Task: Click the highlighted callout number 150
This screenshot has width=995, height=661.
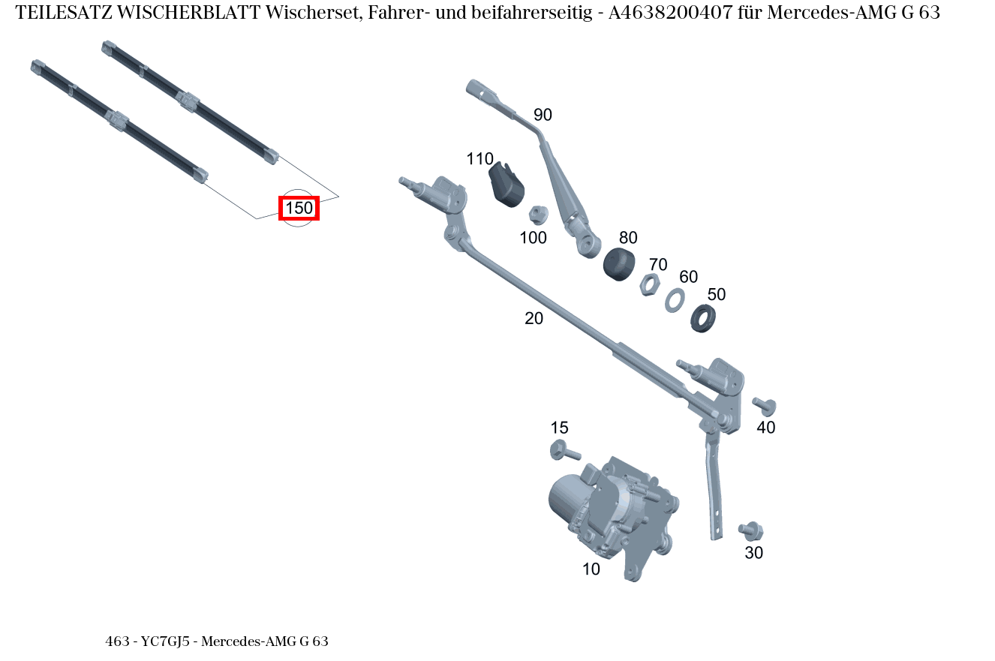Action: click(x=299, y=208)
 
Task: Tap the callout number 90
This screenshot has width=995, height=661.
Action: click(x=543, y=115)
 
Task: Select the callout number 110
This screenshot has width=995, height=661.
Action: click(x=479, y=159)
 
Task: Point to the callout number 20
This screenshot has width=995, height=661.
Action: click(x=534, y=318)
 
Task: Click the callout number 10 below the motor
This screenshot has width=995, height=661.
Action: click(x=591, y=569)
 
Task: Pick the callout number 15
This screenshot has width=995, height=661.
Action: click(x=559, y=428)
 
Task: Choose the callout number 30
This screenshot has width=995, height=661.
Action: click(x=753, y=553)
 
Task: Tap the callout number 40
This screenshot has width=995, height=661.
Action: click(x=765, y=428)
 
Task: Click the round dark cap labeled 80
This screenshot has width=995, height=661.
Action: click(x=619, y=264)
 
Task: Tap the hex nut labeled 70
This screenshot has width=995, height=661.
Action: click(x=650, y=285)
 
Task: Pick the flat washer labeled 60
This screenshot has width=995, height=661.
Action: click(x=675, y=299)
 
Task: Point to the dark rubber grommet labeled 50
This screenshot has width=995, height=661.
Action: click(x=702, y=318)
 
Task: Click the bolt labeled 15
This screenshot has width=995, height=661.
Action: click(x=564, y=452)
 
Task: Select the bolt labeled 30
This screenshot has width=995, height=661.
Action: click(x=750, y=530)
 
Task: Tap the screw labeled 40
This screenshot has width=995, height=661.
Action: click(x=764, y=406)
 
